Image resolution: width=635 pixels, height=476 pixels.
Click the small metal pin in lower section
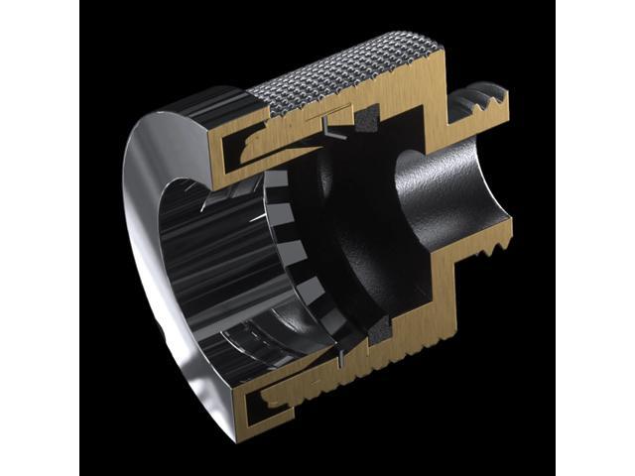click(x=342, y=348)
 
